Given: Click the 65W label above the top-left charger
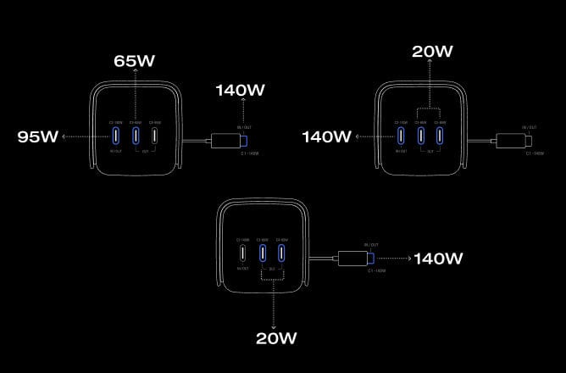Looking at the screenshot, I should click(135, 62).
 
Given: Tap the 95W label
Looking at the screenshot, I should click(37, 136).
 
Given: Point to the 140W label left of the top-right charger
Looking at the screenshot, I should click(325, 136).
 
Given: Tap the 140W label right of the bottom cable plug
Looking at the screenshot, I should click(439, 258).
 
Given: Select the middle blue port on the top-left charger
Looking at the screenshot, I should click(135, 135).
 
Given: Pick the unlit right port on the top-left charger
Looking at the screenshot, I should click(155, 135).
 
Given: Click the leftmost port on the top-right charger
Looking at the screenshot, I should click(400, 135).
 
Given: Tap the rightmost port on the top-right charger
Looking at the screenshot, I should click(441, 135).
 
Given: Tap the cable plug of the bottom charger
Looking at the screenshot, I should click(355, 258).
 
